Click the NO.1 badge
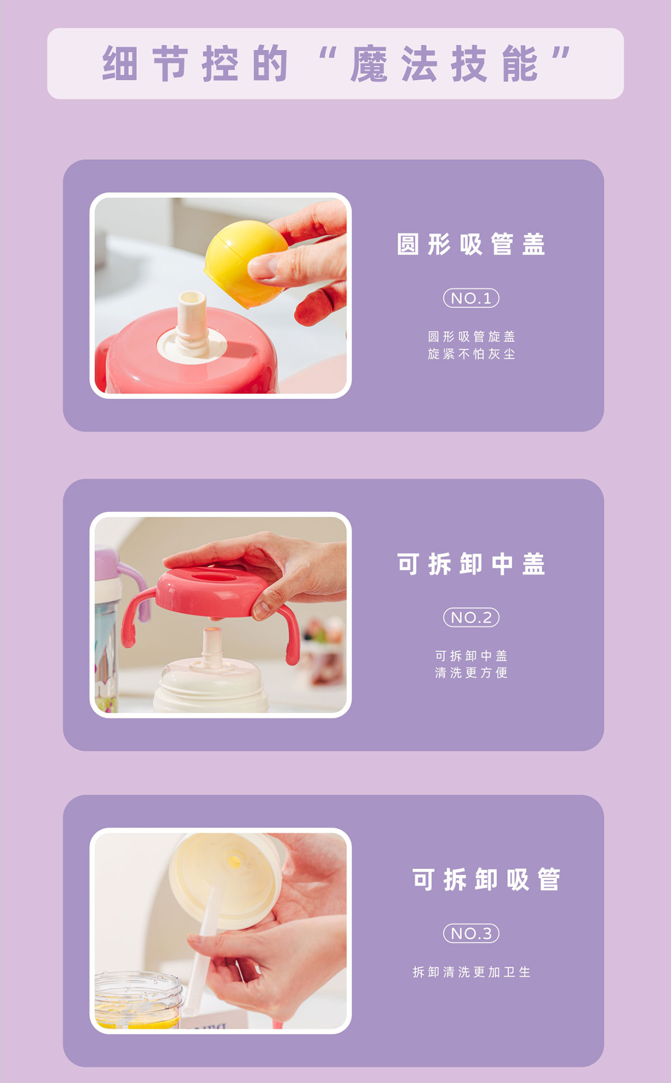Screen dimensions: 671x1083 [471, 298]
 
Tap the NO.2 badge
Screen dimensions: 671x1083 [471, 617]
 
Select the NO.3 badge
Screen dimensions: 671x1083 [471, 933]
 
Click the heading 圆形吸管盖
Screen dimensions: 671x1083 [471, 244]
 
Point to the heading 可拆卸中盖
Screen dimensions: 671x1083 [471, 564]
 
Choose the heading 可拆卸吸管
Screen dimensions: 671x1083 [486, 879]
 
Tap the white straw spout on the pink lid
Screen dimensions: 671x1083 [192, 322]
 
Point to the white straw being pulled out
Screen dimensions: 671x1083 [201, 950]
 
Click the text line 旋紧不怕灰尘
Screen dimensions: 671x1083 [471, 354]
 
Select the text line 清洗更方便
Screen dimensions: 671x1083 [471, 672]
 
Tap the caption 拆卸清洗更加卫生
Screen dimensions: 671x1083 [471, 972]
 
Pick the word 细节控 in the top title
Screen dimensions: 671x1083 [170, 64]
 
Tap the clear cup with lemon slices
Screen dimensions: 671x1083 [138, 1000]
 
